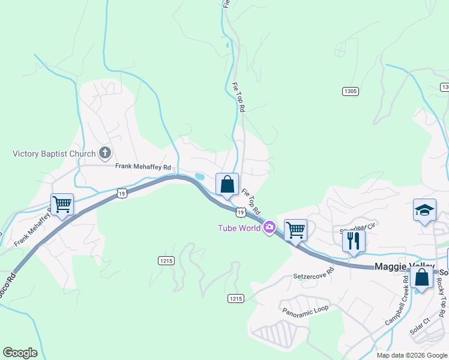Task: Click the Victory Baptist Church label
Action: pyautogui.click(x=54, y=154)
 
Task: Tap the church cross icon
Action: pyautogui.click(x=105, y=152)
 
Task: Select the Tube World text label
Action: pyautogui.click(x=239, y=227)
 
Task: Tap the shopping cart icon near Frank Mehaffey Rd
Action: pyautogui.click(x=62, y=205)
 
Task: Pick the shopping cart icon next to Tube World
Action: pyautogui.click(x=295, y=229)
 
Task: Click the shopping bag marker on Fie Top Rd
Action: pyautogui.click(x=228, y=184)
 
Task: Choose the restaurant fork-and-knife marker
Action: pyautogui.click(x=354, y=240)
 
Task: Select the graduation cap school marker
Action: pyautogui.click(x=424, y=211)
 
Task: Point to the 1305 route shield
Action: pyautogui.click(x=351, y=91)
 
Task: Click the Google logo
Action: pyautogui.click(x=20, y=353)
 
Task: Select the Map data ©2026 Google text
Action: pyautogui.click(x=411, y=355)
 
